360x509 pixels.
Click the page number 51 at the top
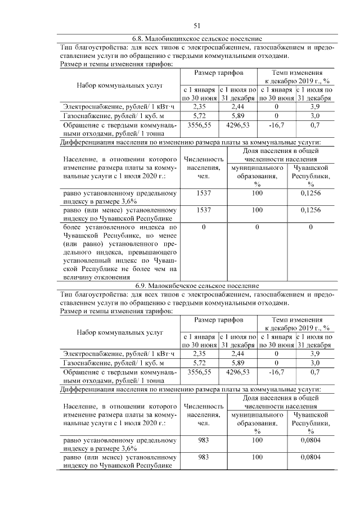coord(197,25)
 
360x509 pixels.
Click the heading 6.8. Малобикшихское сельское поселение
coord(197,39)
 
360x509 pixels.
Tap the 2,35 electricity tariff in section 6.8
coord(200,106)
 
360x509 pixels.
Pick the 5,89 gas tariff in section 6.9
coord(237,363)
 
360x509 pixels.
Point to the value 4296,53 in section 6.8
coord(237,125)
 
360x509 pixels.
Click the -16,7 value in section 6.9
coord(276,372)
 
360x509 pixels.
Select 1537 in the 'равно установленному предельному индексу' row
coord(201,193)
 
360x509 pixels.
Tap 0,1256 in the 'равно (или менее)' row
coord(310,210)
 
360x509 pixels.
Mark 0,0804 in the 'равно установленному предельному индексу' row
coord(310,441)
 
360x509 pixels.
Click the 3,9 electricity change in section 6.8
coord(315,106)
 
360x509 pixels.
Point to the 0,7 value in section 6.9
coord(315,372)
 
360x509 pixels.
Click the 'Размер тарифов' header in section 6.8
coord(219,73)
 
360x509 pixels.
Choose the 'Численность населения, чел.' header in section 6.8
coord(201,168)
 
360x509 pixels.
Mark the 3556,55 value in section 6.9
coord(200,372)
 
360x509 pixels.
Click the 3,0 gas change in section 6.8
coord(315,115)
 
